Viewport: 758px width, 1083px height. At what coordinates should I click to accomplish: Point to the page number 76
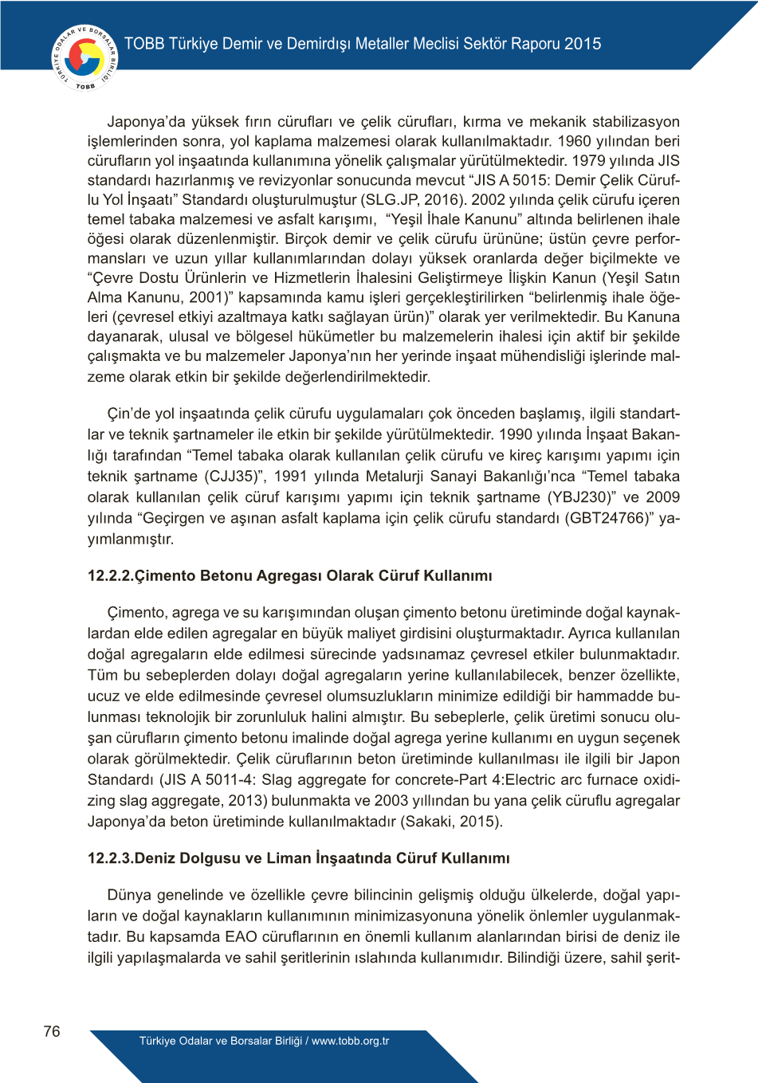(52, 1031)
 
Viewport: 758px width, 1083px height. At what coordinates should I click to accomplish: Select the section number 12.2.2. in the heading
(111, 575)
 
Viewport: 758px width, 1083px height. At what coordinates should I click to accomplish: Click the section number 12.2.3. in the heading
(111, 858)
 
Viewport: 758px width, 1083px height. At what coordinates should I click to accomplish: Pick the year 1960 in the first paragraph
(574, 141)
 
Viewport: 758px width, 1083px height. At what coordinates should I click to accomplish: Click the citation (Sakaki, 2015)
(451, 821)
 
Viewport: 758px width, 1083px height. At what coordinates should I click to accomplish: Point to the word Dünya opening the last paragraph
(129, 895)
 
